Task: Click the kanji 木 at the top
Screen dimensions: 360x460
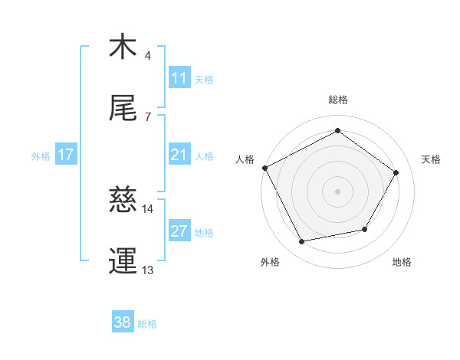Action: click(123, 47)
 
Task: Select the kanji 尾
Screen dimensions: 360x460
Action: click(123, 109)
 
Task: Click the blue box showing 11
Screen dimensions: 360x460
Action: click(179, 78)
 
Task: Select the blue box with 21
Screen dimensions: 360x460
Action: click(179, 155)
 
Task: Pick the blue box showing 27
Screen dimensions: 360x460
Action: click(179, 231)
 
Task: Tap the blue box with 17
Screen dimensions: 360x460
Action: click(66, 155)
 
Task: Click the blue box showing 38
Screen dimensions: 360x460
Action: click(123, 323)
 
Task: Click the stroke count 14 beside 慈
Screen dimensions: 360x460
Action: click(148, 208)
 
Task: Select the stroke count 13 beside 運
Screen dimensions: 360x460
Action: click(148, 270)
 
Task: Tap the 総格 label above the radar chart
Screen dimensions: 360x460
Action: click(338, 100)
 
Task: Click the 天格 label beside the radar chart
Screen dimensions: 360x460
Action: click(432, 159)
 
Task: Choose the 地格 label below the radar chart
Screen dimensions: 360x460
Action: click(402, 263)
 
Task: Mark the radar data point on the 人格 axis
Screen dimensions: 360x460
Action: click(265, 168)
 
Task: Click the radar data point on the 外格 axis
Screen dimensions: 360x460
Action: click(302, 242)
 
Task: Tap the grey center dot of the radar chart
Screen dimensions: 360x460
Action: click(338, 191)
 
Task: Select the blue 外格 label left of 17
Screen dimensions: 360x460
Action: click(41, 155)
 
